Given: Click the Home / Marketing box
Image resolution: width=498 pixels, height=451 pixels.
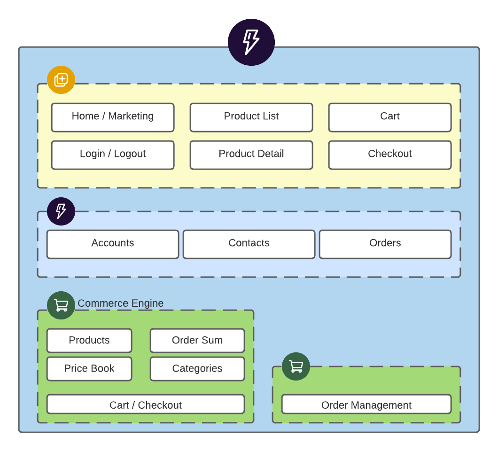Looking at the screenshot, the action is click(113, 117).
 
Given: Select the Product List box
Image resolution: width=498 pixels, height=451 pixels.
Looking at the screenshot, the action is click(251, 117).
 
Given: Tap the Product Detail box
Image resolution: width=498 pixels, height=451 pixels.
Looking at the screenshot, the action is click(251, 155).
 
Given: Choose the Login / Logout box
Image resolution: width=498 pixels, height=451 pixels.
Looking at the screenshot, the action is click(113, 155).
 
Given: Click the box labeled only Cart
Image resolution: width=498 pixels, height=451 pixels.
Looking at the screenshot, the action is click(389, 117).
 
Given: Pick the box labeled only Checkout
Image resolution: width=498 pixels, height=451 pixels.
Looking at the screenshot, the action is click(389, 155).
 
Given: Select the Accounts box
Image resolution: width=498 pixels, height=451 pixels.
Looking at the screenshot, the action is click(113, 244).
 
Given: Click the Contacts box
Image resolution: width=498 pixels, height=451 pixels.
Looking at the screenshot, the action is click(249, 244).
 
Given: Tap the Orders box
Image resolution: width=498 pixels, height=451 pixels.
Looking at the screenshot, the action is click(385, 244).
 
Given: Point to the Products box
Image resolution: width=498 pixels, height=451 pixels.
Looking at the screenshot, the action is click(89, 341).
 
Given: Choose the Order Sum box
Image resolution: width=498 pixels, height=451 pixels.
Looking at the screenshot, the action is click(197, 341).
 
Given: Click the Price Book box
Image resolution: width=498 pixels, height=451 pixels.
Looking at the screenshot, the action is click(89, 369).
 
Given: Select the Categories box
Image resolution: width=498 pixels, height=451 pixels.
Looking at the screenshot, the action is click(197, 369).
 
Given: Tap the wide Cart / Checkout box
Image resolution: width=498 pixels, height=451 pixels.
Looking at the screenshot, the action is click(146, 404).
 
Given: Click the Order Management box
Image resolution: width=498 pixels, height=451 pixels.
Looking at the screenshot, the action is click(366, 404).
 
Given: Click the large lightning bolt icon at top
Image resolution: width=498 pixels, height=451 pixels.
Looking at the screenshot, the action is click(251, 42).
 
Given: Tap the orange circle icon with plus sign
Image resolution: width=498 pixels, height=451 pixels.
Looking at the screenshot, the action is click(61, 80).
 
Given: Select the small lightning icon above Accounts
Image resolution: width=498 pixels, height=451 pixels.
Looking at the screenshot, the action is click(61, 211).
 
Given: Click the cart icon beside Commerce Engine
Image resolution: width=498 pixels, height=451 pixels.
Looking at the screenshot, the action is click(61, 305).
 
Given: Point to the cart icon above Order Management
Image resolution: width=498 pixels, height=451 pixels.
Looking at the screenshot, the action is click(296, 366).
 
